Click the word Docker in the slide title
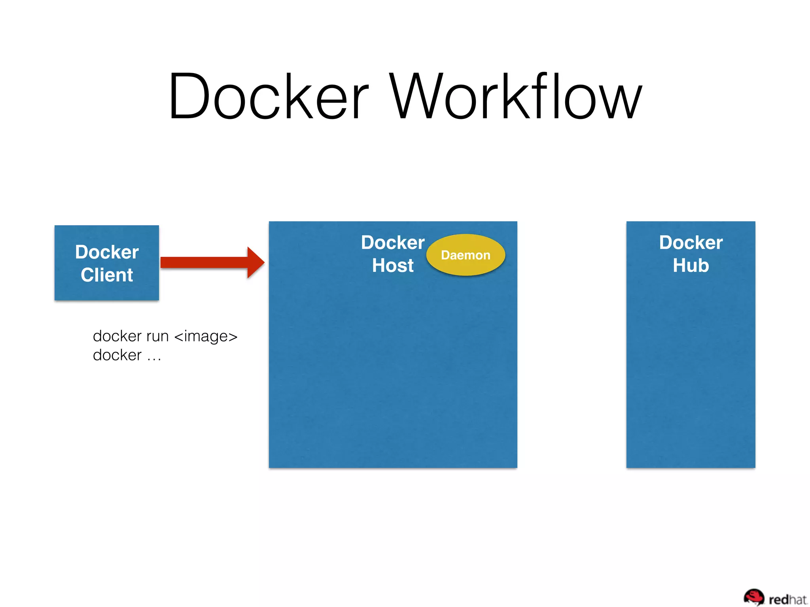point(269,97)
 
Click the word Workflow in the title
point(516,97)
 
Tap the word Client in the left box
point(107,275)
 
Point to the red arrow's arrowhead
point(255,262)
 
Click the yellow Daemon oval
point(466,255)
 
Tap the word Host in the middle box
point(393,266)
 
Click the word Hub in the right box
point(691,266)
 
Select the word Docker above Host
point(393,243)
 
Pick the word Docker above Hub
point(691,243)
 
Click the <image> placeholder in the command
point(206,336)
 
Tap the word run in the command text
point(157,336)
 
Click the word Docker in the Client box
point(107,252)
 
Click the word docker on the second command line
point(117,355)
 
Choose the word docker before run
point(117,336)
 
